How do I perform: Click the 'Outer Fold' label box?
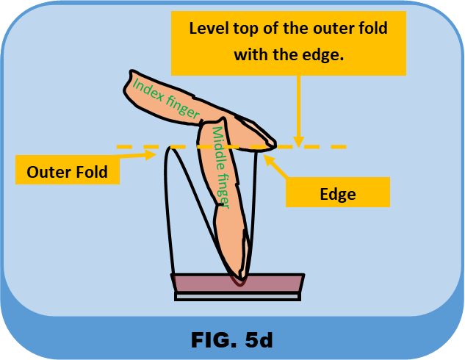[67, 173]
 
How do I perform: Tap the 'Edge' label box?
[337, 194]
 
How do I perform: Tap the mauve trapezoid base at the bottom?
[237, 283]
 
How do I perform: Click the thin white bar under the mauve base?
[237, 296]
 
